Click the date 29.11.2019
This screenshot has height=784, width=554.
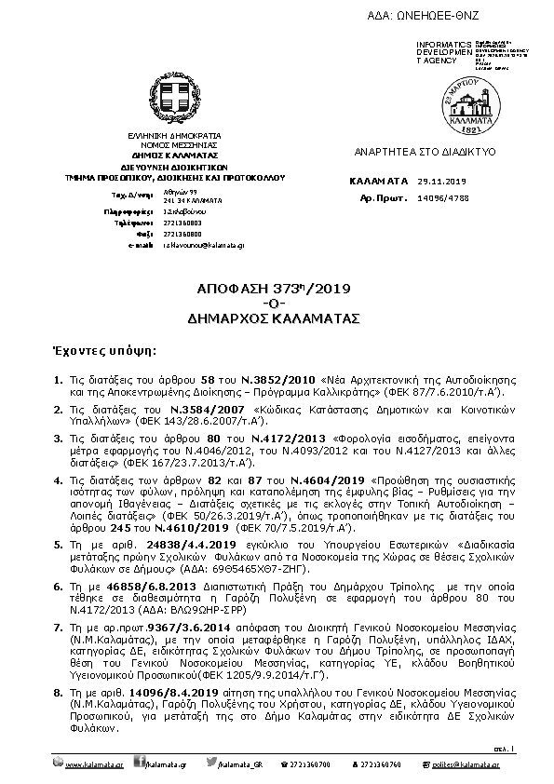[x=441, y=182]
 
